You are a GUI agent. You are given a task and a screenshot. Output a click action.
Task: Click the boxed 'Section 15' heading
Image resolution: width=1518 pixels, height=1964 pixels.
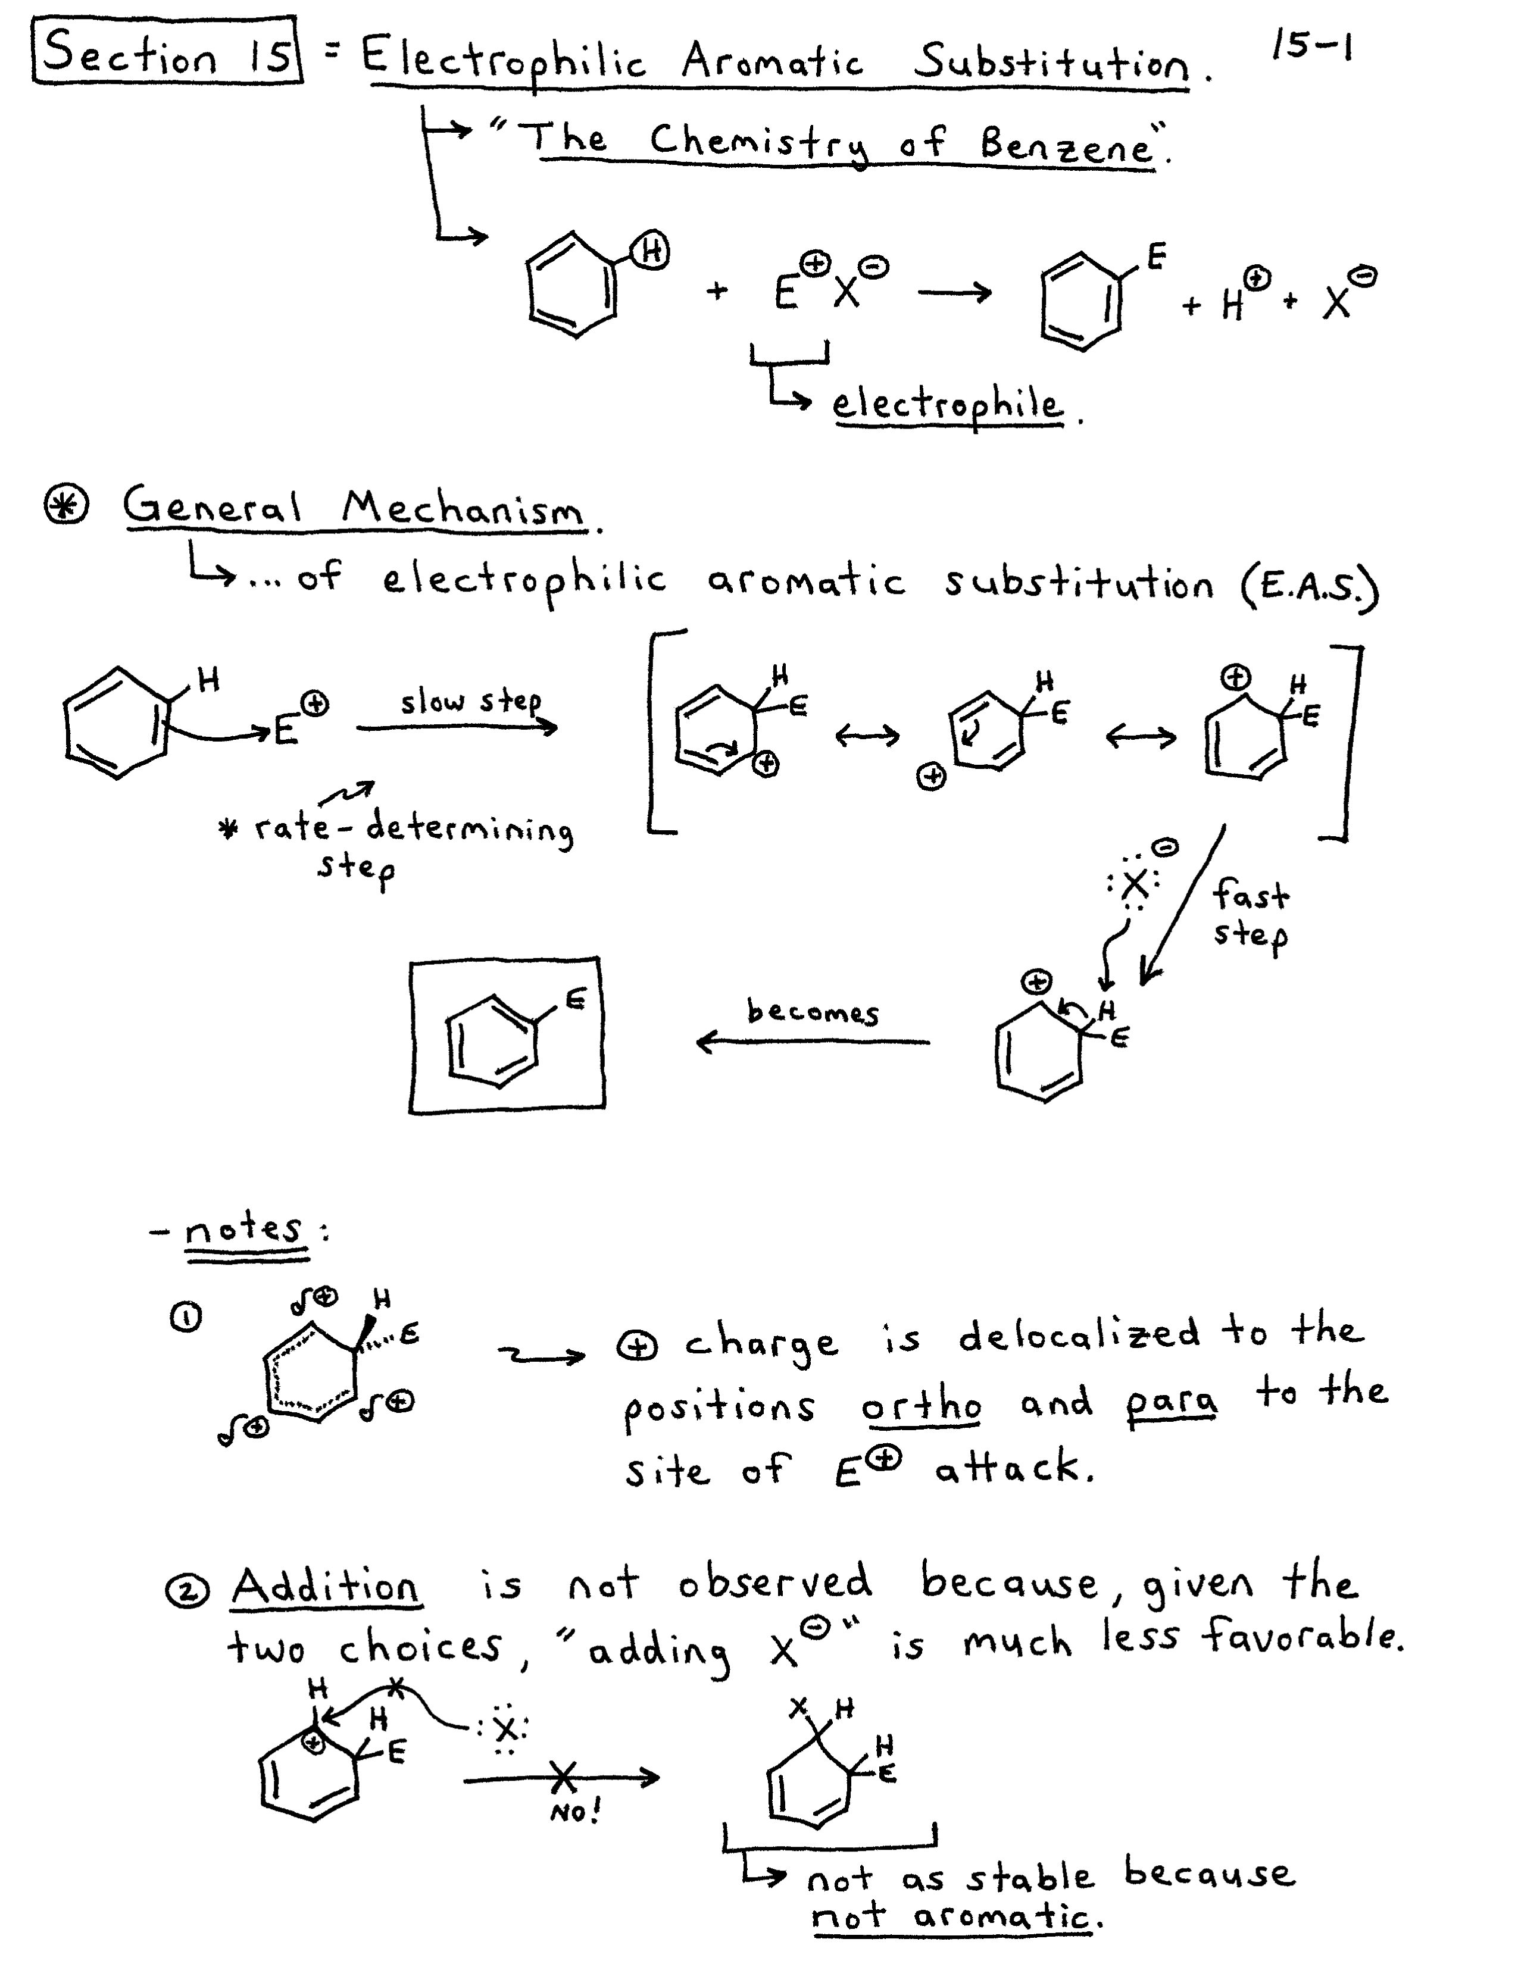[x=168, y=53]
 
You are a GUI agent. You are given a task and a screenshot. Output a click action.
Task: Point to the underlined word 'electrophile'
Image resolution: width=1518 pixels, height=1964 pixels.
[x=947, y=405]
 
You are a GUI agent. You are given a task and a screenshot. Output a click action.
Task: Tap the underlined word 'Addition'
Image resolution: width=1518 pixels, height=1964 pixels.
[x=326, y=1585]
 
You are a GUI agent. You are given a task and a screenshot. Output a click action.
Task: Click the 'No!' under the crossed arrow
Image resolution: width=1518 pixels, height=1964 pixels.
[x=574, y=1812]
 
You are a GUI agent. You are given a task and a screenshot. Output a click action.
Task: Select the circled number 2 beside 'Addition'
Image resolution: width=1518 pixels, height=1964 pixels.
[x=187, y=1591]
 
